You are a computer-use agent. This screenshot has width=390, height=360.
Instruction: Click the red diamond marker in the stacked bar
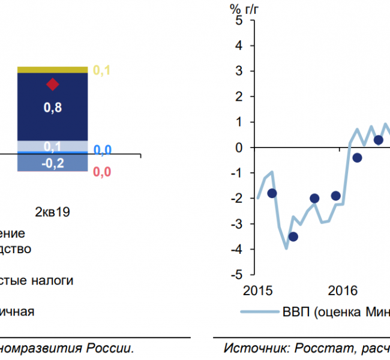click(x=53, y=84)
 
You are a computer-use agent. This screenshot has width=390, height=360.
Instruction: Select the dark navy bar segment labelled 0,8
click(x=53, y=114)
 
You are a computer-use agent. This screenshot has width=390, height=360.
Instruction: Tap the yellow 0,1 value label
click(x=102, y=71)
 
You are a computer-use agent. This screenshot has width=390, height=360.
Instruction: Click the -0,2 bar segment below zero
click(x=53, y=163)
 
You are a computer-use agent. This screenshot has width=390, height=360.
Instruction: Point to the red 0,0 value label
click(x=102, y=173)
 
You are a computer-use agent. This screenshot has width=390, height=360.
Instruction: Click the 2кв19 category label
click(x=53, y=212)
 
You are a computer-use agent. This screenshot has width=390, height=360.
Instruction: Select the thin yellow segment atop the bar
click(x=53, y=70)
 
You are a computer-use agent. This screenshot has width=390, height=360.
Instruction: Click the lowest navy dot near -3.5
click(x=293, y=236)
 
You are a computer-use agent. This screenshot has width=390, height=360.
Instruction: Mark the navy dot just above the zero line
click(x=378, y=140)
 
